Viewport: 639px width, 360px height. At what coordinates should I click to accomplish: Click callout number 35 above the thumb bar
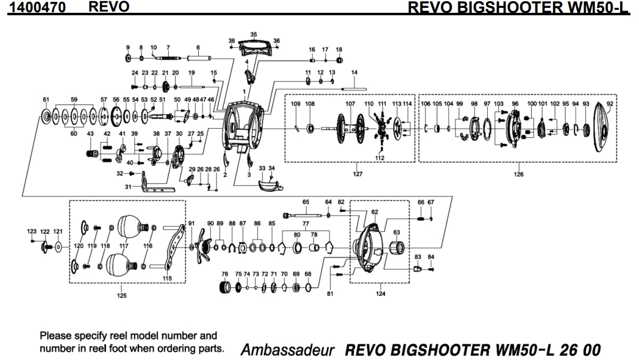(x=254, y=35)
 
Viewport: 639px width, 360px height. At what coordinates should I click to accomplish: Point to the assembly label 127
(x=358, y=174)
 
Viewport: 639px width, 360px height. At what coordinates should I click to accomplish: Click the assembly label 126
(x=518, y=174)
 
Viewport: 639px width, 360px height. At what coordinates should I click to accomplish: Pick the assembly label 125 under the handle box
(x=122, y=296)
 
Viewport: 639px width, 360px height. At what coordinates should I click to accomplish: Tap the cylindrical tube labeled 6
(x=199, y=58)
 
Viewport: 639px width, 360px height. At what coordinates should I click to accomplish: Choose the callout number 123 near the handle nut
(x=32, y=232)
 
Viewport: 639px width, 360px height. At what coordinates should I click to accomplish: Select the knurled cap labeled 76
(x=225, y=287)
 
